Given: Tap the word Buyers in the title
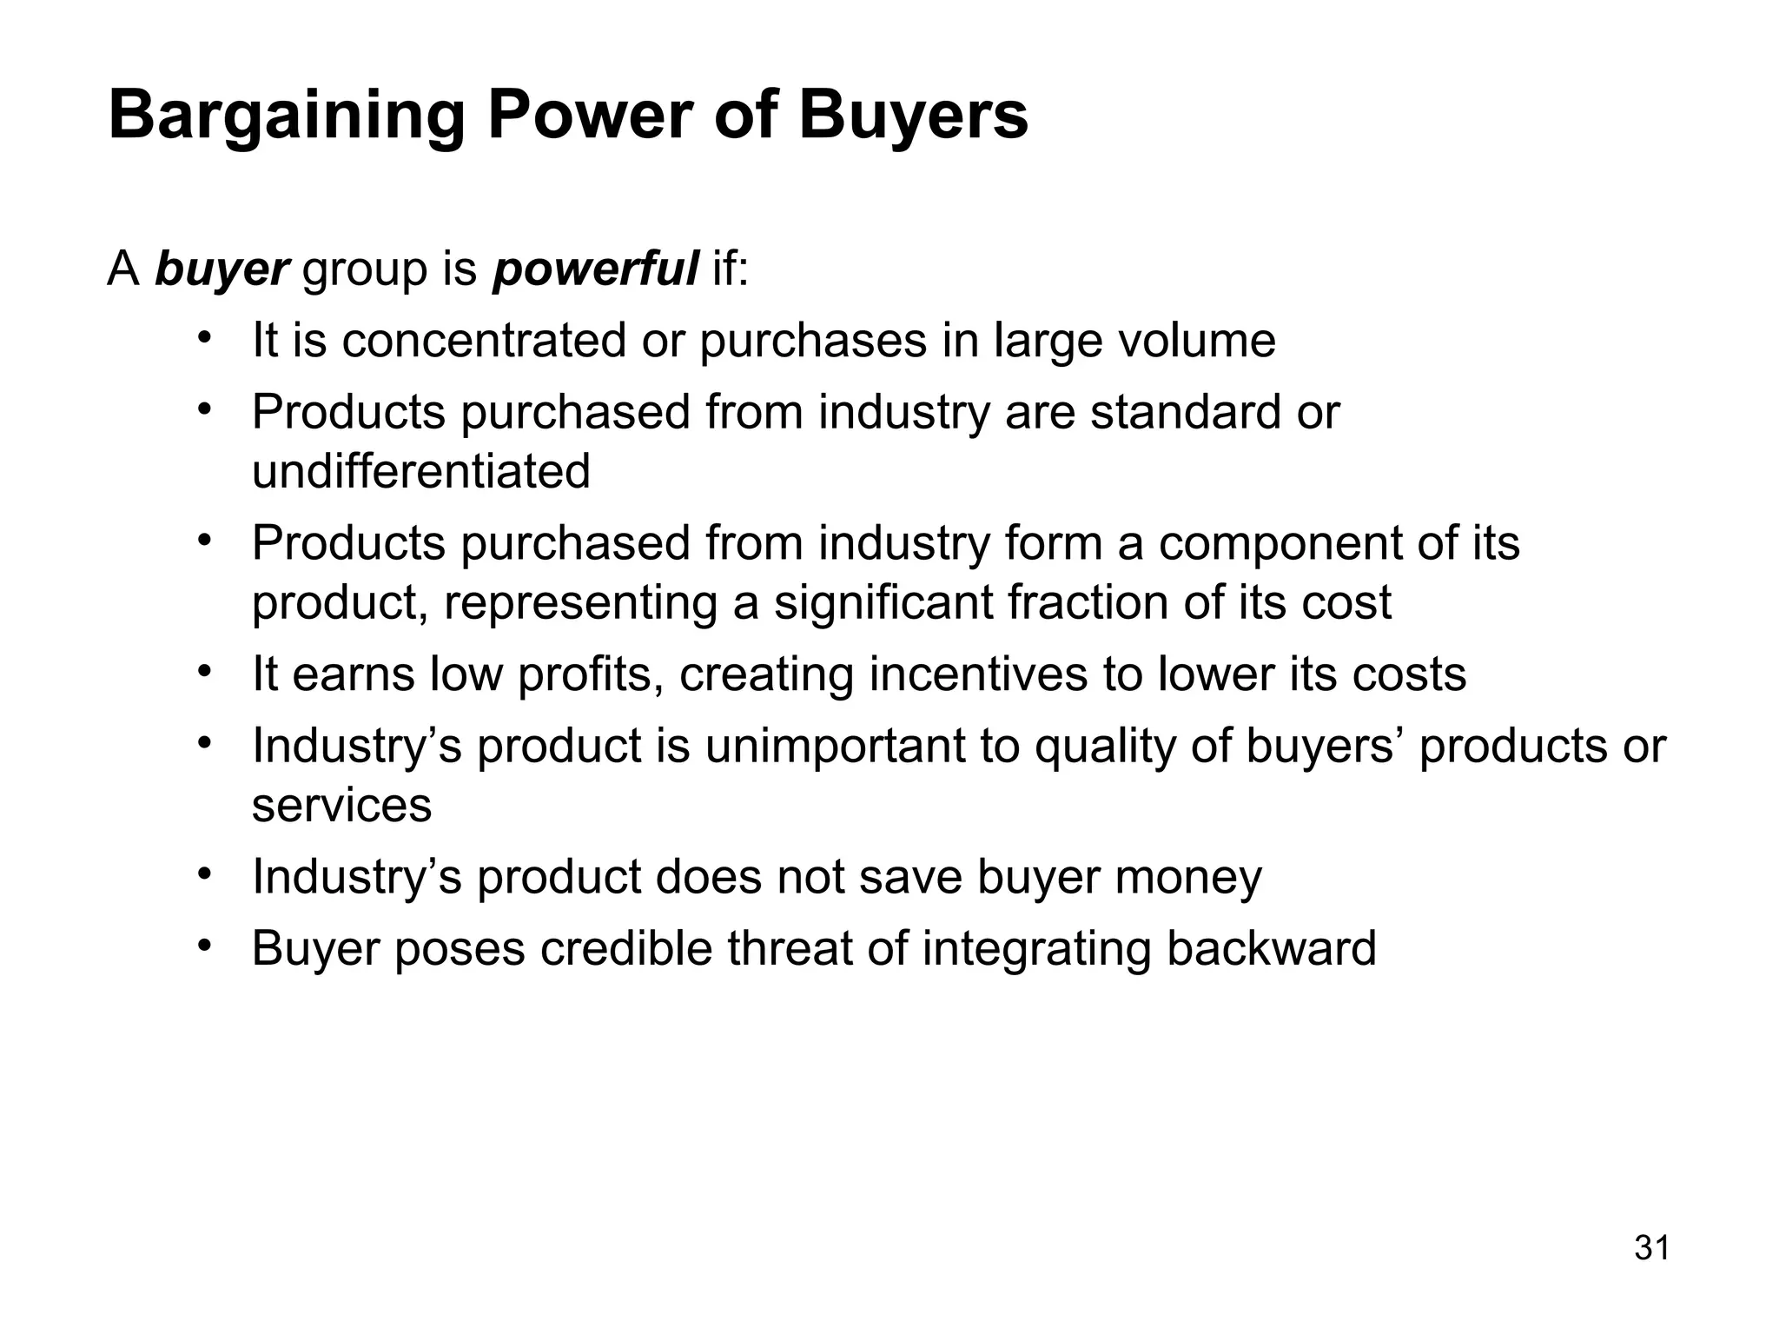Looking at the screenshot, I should (913, 116).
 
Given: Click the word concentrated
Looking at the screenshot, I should (483, 340).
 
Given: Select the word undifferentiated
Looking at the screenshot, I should (420, 472).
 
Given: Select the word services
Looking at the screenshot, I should (341, 805).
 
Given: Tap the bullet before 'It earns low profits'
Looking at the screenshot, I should (205, 672).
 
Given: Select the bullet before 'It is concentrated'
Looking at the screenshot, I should (205, 338).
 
